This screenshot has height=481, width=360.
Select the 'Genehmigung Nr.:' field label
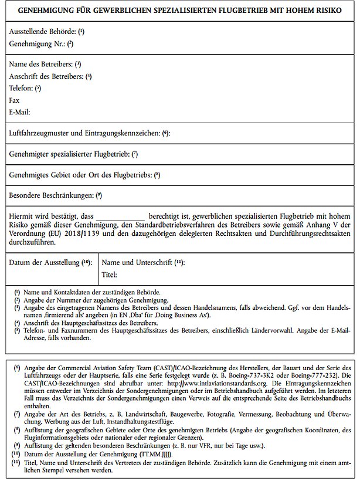click(x=36, y=43)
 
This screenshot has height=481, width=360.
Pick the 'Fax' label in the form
click(x=15, y=100)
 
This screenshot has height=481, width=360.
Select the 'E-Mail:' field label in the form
click(x=20, y=111)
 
